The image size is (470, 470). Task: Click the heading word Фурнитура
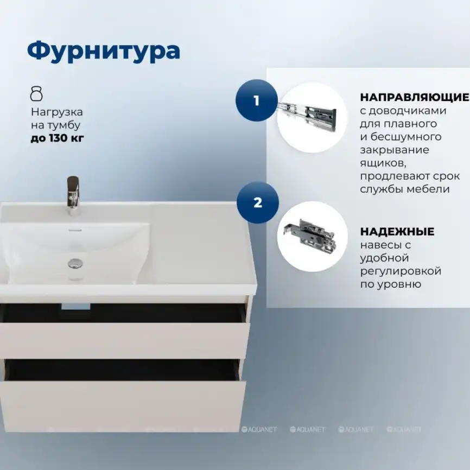click(x=103, y=51)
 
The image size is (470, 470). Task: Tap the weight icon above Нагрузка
click(x=36, y=93)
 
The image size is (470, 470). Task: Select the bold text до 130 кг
click(x=58, y=138)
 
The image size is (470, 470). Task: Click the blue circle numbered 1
click(x=257, y=100)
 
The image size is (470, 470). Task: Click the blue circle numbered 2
click(x=257, y=202)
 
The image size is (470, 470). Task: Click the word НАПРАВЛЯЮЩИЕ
click(x=414, y=98)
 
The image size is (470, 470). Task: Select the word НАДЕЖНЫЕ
click(x=397, y=232)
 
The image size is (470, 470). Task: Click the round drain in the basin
click(x=75, y=263)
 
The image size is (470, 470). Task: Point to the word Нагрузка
click(x=57, y=112)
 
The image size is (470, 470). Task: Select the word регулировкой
click(x=401, y=271)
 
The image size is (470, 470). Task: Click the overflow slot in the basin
click(x=75, y=229)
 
